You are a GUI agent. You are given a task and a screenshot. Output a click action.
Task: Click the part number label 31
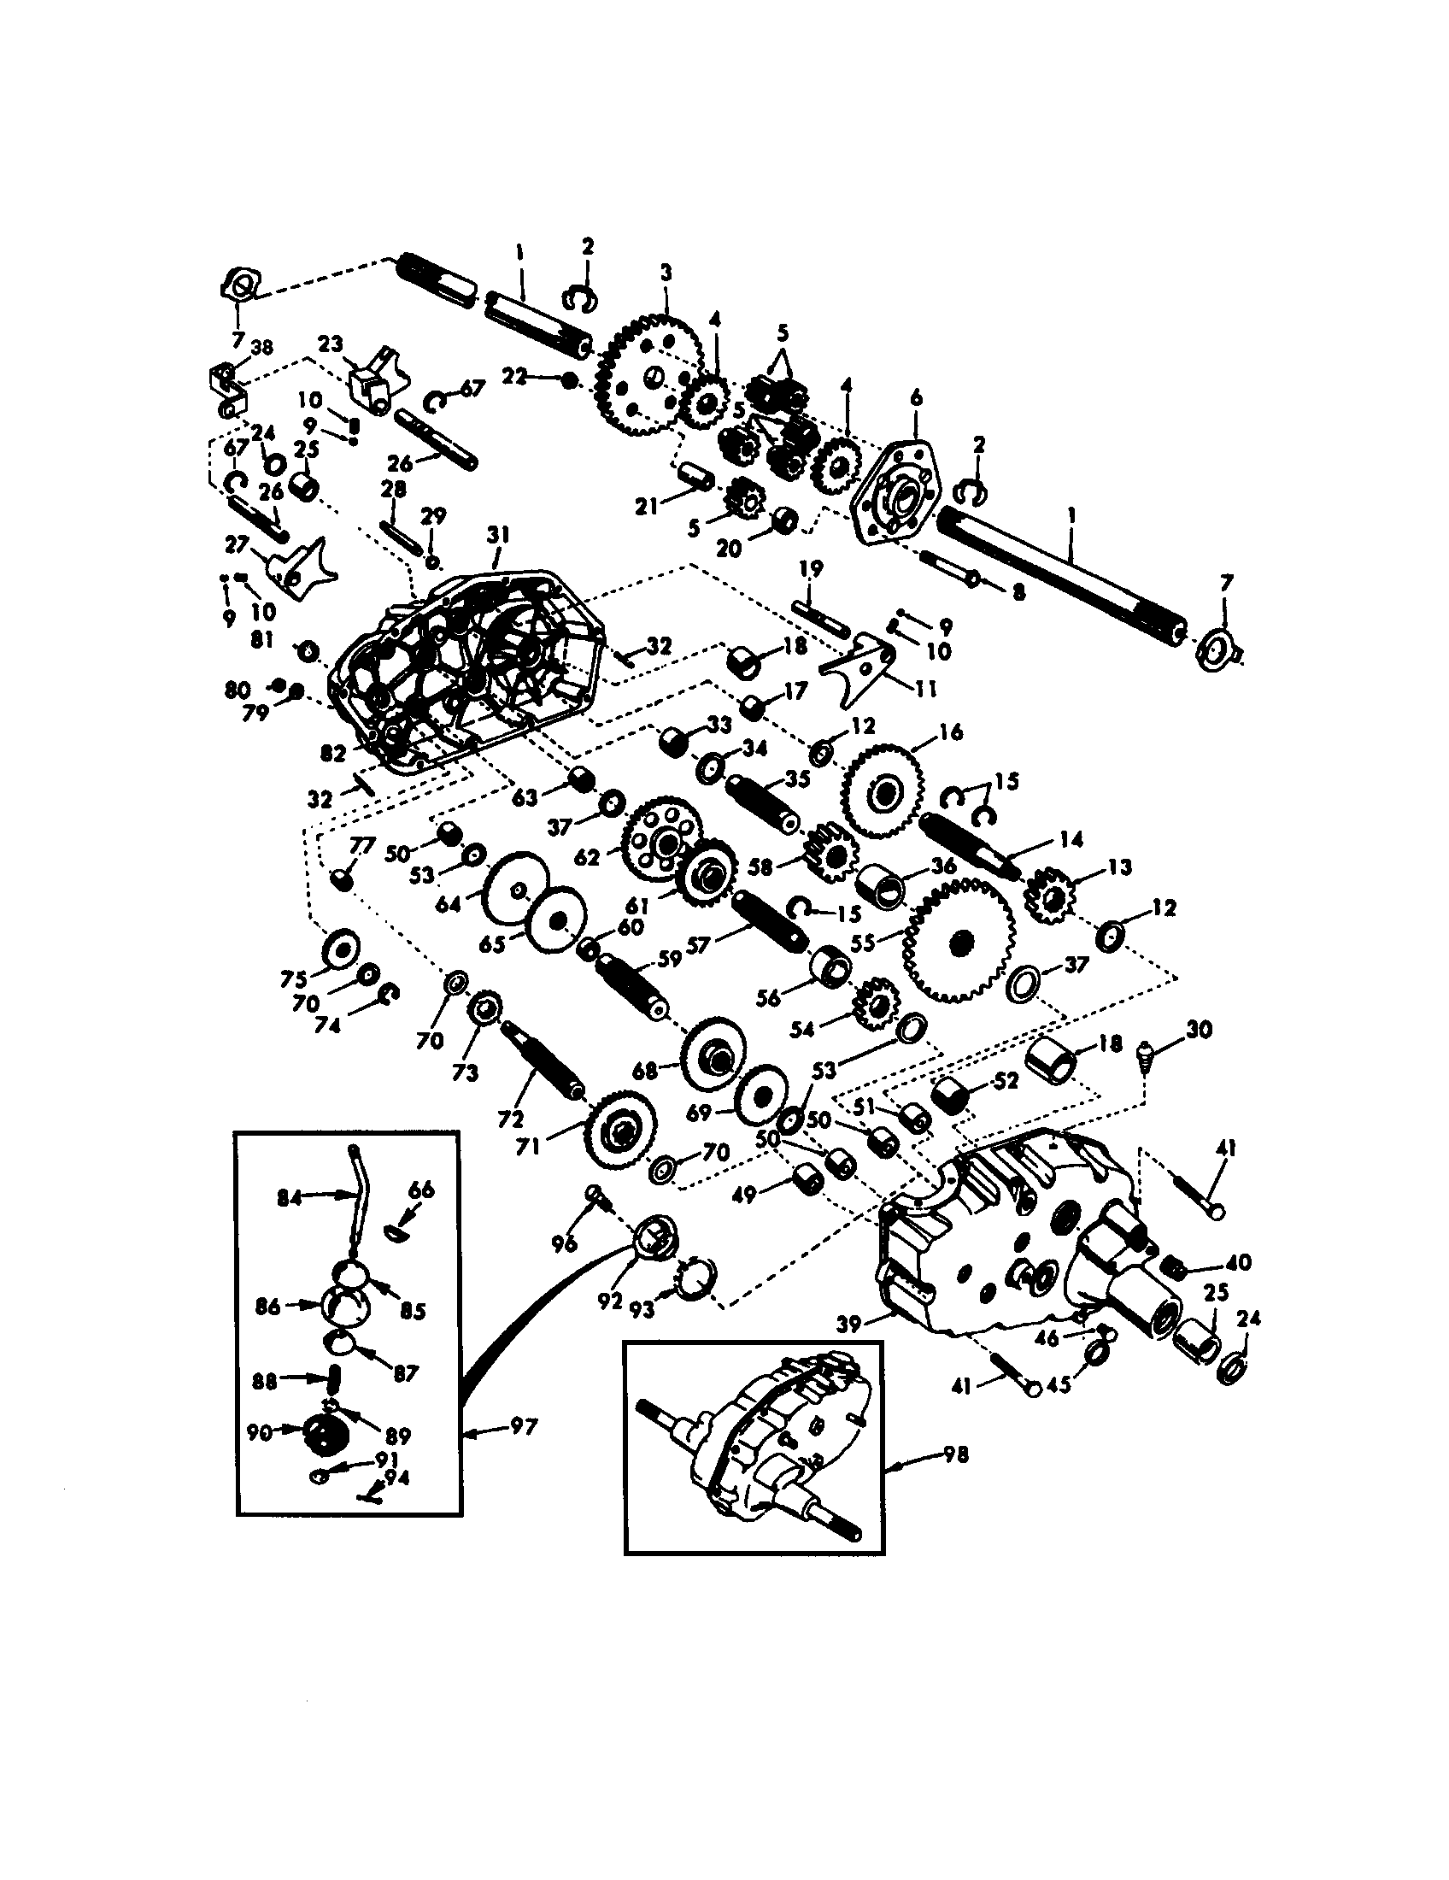click(498, 536)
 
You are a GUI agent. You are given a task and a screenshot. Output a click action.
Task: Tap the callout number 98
click(956, 1454)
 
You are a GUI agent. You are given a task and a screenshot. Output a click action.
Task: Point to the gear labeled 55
click(958, 942)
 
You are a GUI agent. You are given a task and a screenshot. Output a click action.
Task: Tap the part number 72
click(509, 1119)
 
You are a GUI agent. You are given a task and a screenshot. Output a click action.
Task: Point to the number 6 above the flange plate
click(916, 397)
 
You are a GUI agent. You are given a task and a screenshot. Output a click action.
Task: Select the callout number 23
click(331, 344)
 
